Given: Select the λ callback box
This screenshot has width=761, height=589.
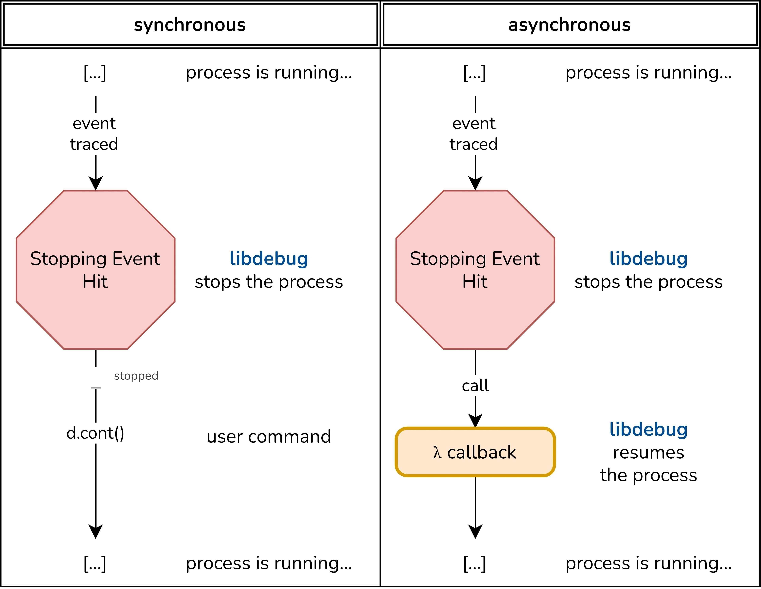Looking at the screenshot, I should [x=475, y=452].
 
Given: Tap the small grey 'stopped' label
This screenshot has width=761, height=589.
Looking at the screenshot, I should [x=136, y=376].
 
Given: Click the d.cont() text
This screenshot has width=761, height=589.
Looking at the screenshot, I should [x=95, y=433].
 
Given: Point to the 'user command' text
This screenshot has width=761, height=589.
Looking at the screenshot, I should [x=269, y=437].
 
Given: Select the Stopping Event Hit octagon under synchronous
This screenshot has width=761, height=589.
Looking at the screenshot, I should [x=96, y=270].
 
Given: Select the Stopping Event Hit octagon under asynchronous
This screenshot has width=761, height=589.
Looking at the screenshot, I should [x=475, y=270].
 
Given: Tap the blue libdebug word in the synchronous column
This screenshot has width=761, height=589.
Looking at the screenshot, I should [x=269, y=258].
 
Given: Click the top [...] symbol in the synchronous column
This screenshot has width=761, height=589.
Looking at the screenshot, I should [x=95, y=73].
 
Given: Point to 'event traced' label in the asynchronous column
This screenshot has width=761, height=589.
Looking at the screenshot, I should [x=474, y=134].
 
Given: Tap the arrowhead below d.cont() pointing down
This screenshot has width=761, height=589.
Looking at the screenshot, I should [x=96, y=531].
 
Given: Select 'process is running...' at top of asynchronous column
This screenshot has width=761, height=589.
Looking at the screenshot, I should [x=648, y=73].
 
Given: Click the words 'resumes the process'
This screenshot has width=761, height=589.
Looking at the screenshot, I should [x=648, y=464].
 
